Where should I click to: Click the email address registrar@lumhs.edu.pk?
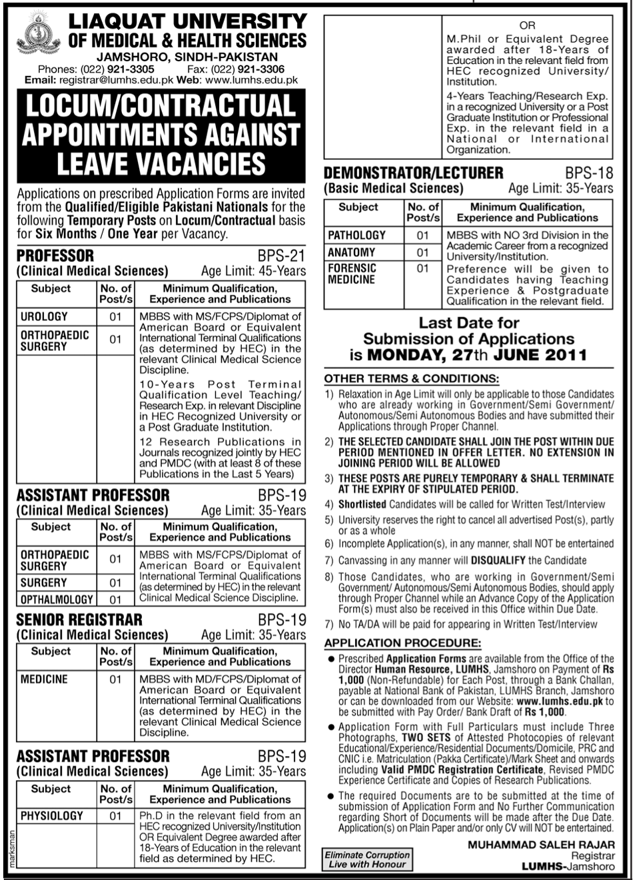tap(117, 80)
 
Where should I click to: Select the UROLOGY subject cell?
tap(44, 316)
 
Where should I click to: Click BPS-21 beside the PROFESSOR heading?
tap(281, 256)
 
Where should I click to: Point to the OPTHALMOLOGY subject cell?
tap(57, 600)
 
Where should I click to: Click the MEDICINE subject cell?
tap(44, 679)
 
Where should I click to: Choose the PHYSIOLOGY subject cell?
tap(52, 815)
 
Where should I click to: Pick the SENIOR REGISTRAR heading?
tap(79, 620)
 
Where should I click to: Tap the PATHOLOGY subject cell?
tap(356, 235)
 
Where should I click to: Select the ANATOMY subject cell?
tap(351, 252)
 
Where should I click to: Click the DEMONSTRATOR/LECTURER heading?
tap(413, 173)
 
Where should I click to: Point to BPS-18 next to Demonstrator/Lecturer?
tap(589, 173)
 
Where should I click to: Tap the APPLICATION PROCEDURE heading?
tap(402, 643)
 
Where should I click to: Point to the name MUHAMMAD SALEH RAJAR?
tap(540, 845)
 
